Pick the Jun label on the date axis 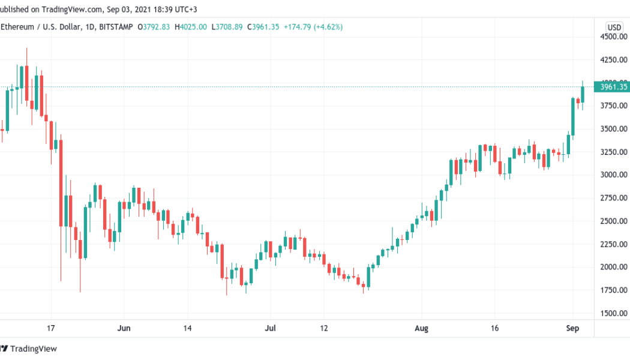coord(124,329)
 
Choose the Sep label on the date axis coord(573,329)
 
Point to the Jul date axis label coord(271,329)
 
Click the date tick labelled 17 coord(51,329)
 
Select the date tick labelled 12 coord(324,329)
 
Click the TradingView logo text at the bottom coord(34,349)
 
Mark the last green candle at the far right coord(583,94)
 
